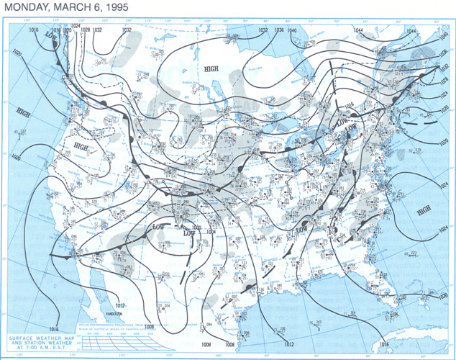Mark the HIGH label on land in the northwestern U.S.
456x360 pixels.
(x=81, y=145)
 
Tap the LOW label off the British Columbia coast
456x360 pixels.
(x=50, y=35)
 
